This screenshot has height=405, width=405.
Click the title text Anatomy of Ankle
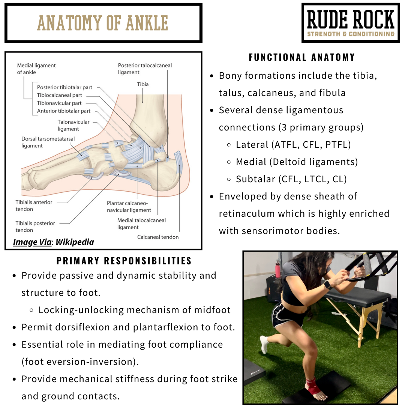point(102,23)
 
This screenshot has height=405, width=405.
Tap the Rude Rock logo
point(351,23)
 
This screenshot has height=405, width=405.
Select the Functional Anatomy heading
point(302,57)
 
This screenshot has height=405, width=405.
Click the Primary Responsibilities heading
point(124,261)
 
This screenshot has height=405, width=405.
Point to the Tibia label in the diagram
point(142,84)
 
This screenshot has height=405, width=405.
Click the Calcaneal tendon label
point(158,237)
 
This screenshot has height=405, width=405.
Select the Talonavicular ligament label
point(73,125)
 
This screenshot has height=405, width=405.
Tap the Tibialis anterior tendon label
point(34,205)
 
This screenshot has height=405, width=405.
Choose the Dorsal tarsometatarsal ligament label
point(48,142)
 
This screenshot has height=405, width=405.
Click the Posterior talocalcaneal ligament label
point(145,69)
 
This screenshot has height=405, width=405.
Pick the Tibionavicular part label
point(59,103)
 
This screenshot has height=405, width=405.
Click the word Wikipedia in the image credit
point(75,242)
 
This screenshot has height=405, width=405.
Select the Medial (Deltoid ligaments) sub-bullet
point(297,162)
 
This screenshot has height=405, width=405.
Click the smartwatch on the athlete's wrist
point(327,285)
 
